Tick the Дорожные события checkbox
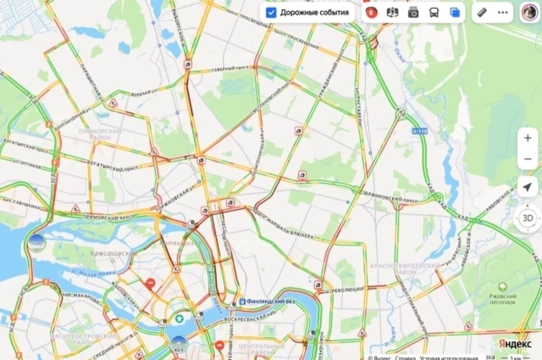[271, 13]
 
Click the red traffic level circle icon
[371, 13]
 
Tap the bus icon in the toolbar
[434, 13]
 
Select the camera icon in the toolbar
[413, 13]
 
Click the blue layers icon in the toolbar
[455, 13]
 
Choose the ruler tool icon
[482, 13]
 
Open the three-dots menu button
[503, 13]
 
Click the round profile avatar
[529, 12]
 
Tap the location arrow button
[527, 187]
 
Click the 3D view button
[527, 218]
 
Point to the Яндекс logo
[515, 344]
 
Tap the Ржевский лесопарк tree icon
[502, 287]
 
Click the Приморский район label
[100, 134]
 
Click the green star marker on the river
[180, 318]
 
